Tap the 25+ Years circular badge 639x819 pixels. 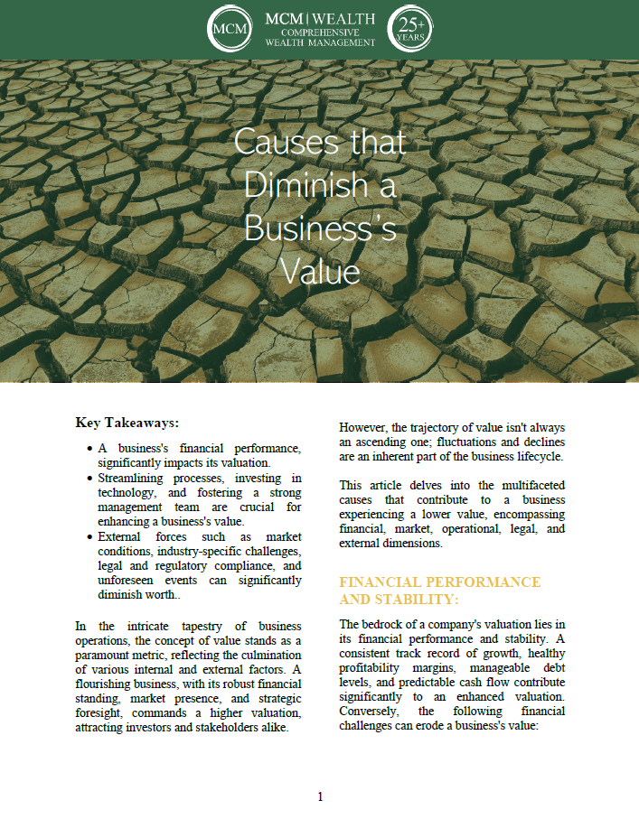409,30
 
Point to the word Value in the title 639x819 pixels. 320,271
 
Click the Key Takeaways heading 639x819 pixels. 127,422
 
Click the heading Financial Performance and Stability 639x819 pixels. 440,591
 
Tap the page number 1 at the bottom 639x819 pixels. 320,796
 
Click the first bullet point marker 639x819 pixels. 89,449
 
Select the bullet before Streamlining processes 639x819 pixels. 89,478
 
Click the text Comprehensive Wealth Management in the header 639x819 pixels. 320,37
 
